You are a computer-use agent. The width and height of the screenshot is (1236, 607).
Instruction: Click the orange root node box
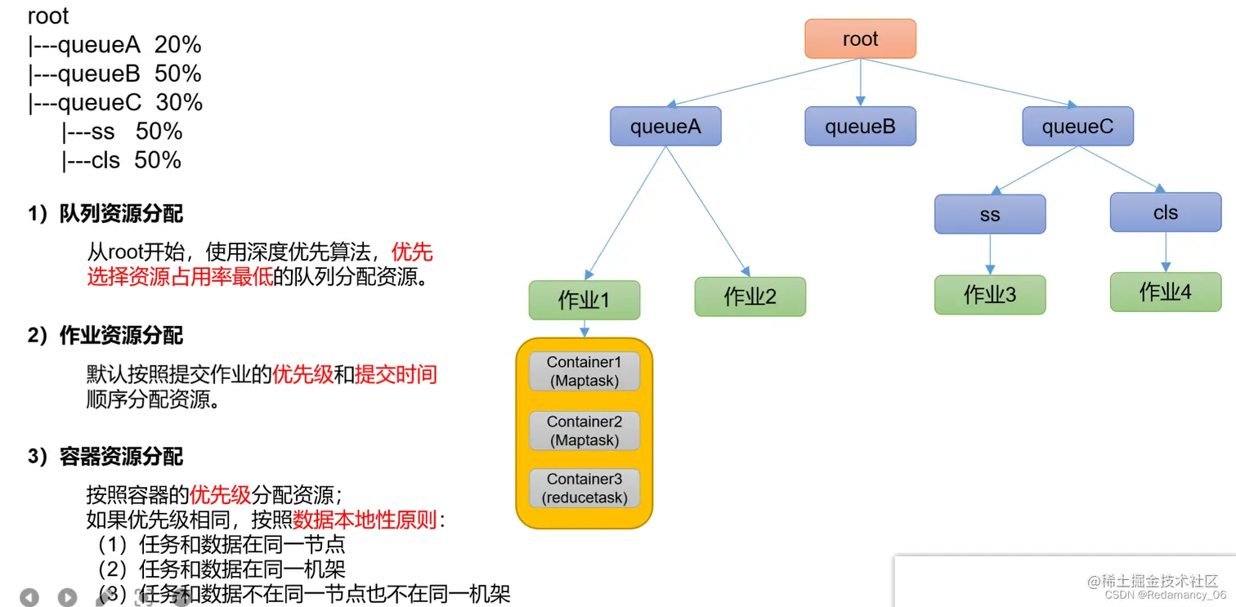(x=860, y=38)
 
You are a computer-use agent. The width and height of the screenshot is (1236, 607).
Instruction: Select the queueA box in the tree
(x=665, y=127)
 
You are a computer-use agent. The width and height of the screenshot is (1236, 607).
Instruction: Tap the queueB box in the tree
(x=860, y=127)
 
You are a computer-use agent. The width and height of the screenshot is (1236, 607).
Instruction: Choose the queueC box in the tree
(x=1077, y=127)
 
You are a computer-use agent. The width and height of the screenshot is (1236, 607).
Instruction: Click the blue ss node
(x=990, y=215)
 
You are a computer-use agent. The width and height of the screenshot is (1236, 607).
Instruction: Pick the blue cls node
(x=1165, y=212)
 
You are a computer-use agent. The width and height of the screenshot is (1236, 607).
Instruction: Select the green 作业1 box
(x=584, y=300)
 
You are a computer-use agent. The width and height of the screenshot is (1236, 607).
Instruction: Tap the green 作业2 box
(x=750, y=297)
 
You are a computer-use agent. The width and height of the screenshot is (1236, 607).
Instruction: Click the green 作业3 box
(x=990, y=295)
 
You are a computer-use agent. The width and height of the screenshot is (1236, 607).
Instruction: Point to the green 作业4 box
(x=1165, y=292)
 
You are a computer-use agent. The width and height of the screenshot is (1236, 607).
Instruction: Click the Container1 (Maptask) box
(x=584, y=371)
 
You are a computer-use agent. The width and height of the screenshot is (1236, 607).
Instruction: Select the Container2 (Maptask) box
(x=584, y=431)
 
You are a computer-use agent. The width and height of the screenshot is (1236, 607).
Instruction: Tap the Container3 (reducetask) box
(x=584, y=489)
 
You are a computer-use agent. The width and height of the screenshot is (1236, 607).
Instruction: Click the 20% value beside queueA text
(x=177, y=45)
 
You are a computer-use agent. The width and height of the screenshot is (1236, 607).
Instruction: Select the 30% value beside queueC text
(x=179, y=102)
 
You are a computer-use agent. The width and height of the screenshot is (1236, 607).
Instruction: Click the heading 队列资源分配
(x=120, y=214)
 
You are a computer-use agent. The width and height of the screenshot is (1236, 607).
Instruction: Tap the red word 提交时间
(x=396, y=374)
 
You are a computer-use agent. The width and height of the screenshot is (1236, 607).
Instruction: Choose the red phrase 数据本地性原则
(x=365, y=520)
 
